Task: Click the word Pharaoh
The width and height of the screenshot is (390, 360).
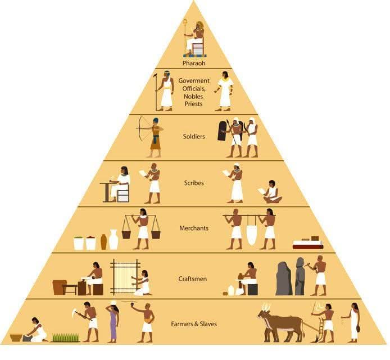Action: point(194,63)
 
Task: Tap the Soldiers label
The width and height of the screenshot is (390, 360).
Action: point(194,137)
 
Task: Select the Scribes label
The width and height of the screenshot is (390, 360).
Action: point(194,183)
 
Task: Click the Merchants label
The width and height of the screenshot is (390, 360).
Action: point(194,228)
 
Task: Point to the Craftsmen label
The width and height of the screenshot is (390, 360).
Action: point(193,279)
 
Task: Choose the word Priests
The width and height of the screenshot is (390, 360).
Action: point(193,104)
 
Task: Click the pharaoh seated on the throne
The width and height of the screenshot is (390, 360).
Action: point(196,39)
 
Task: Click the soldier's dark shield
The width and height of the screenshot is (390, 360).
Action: point(223,130)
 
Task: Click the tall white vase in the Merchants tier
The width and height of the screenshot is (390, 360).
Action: point(114,240)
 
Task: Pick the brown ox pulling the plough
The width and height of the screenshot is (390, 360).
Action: point(280,326)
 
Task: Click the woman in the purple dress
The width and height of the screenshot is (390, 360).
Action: point(113,323)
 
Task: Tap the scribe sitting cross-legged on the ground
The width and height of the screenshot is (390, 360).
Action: point(273,192)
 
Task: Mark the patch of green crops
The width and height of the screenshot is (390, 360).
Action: point(66,337)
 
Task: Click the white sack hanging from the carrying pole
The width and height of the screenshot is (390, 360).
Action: point(251,234)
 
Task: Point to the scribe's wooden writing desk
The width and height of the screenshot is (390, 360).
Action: point(107,191)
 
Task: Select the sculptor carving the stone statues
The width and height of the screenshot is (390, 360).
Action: point(319,275)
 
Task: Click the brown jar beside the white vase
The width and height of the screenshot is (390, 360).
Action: point(103,242)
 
